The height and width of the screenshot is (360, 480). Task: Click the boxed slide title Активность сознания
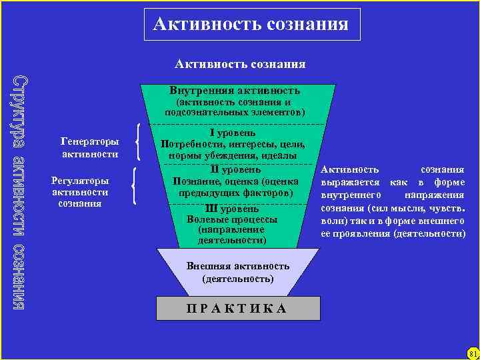pos(250,25)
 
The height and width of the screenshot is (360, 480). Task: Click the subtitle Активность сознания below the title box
pos(240,64)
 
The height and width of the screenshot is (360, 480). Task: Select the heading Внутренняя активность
pos(235,90)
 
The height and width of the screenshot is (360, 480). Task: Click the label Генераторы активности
pos(89,148)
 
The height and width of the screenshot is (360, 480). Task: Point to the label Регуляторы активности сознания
pos(80,192)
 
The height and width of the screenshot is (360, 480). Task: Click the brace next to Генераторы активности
pos(139,141)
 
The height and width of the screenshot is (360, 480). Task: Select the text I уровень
pos(235,133)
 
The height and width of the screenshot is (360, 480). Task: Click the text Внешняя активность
pos(238,266)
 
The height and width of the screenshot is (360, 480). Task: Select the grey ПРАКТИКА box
pos(235,308)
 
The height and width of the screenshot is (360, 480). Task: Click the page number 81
pos(473,352)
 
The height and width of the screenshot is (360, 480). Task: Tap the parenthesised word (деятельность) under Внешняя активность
pos(238,278)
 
